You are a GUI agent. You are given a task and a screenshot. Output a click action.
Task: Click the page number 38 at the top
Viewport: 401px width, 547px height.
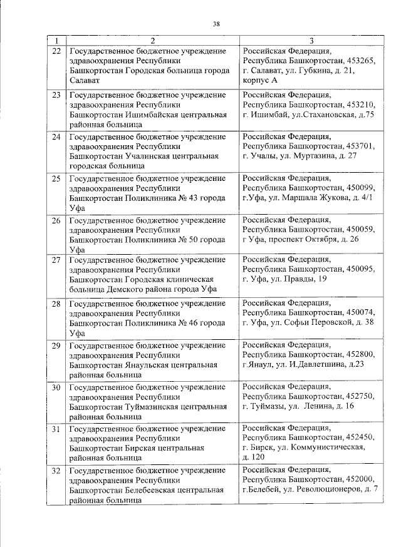(x=216, y=24)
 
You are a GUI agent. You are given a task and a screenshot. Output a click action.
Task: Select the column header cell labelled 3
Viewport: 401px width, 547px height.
(x=311, y=40)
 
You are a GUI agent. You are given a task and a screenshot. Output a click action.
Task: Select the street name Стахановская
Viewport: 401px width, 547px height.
(x=326, y=115)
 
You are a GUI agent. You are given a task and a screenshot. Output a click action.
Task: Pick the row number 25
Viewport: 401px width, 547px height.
(x=56, y=179)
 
